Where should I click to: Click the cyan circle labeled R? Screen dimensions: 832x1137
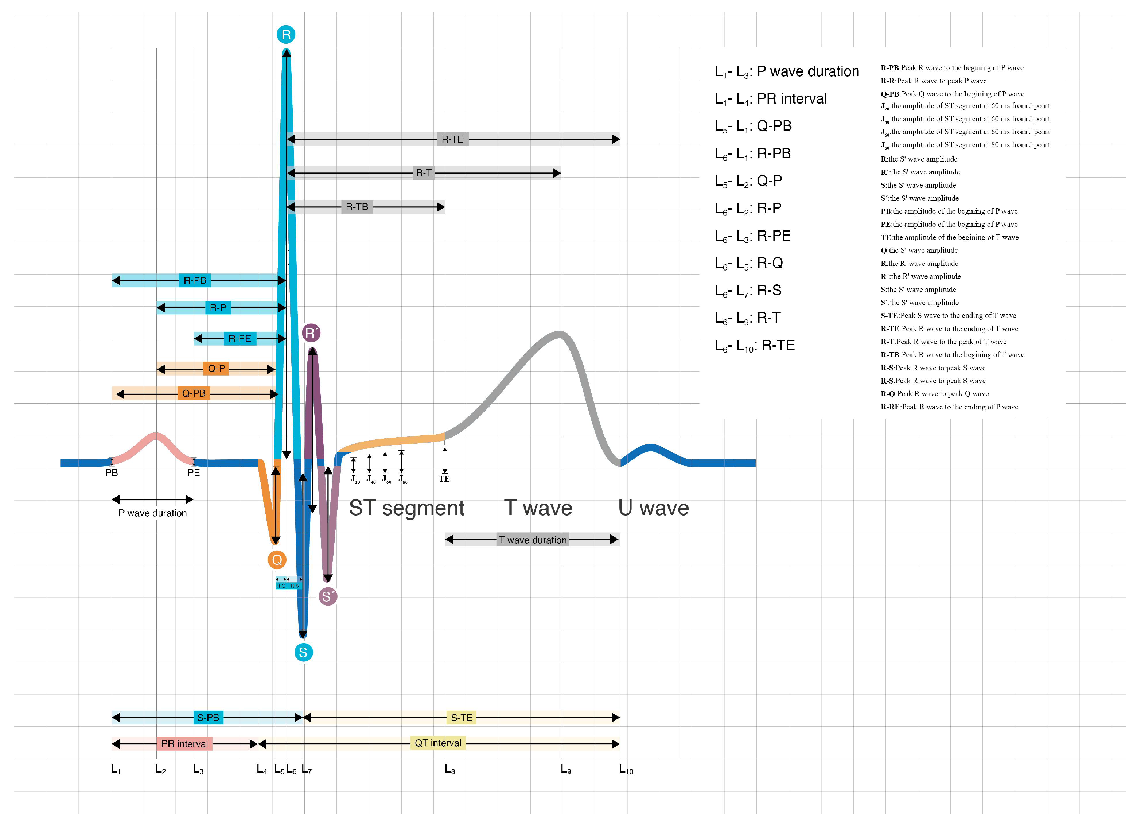pyautogui.click(x=286, y=35)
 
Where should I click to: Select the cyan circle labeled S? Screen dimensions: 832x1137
pyautogui.click(x=303, y=652)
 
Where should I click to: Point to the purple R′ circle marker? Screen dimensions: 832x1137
pyautogui.click(x=311, y=333)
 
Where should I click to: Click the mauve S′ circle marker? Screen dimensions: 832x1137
pyautogui.click(x=327, y=597)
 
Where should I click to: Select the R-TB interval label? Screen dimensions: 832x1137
pyautogui.click(x=357, y=207)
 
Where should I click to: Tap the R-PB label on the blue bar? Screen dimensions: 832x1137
pyautogui.click(x=195, y=280)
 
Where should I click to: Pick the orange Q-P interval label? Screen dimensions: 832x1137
pyautogui.click(x=217, y=369)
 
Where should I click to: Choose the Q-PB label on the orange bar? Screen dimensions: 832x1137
pyautogui.click(x=194, y=393)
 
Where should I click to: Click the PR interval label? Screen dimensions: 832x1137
pyautogui.click(x=184, y=744)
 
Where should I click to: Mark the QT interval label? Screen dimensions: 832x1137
pyautogui.click(x=437, y=743)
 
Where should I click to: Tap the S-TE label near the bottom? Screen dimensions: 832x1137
pyautogui.click(x=461, y=718)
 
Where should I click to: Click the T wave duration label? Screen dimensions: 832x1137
pyautogui.click(x=532, y=540)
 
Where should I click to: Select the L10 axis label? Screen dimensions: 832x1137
pyautogui.click(x=626, y=770)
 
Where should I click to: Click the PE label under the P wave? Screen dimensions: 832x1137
pyautogui.click(x=194, y=473)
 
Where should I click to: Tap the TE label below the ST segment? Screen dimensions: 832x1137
pyautogui.click(x=444, y=479)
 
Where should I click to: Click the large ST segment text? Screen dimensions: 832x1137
pyautogui.click(x=406, y=508)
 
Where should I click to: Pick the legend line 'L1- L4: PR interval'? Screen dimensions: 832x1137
pyautogui.click(x=770, y=99)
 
